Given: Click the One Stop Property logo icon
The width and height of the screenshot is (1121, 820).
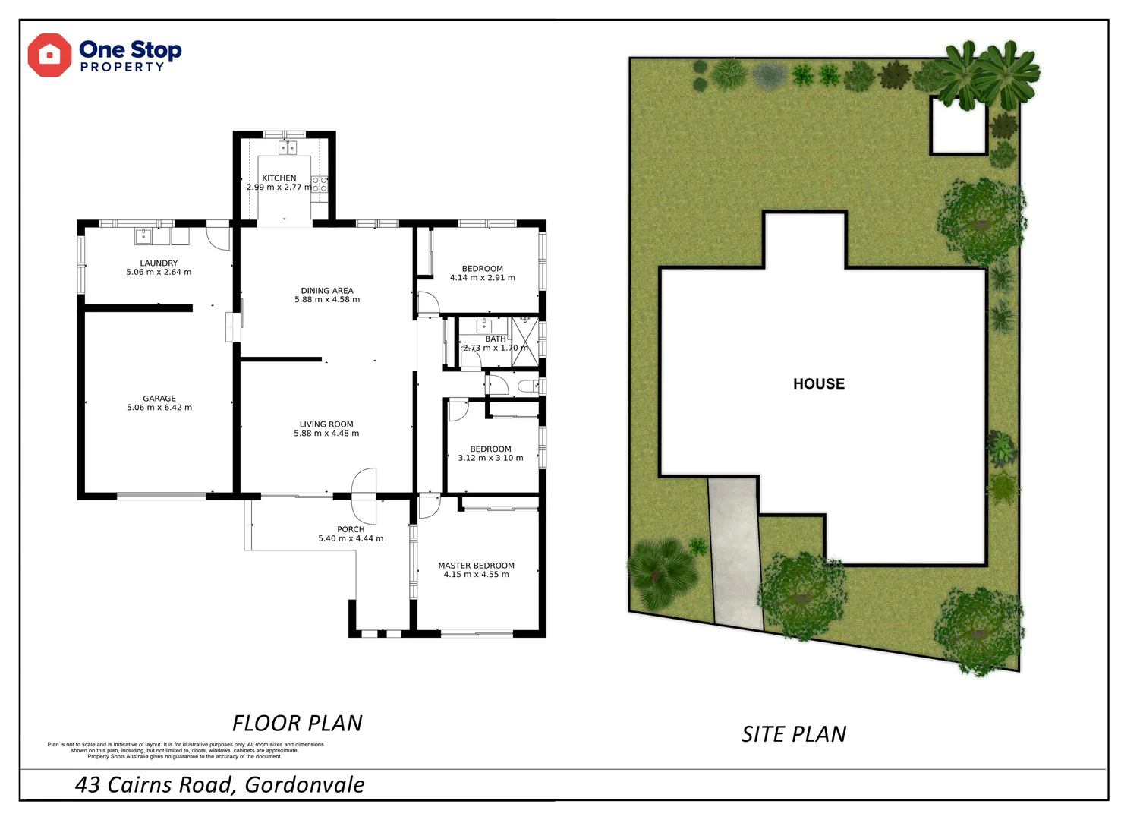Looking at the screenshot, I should coord(49,55).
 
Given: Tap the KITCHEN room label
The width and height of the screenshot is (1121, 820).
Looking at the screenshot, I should coord(279,178).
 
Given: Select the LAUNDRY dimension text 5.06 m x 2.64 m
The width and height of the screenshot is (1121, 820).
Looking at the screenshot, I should coord(159,273).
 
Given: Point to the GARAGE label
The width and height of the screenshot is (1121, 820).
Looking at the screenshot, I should coord(159,399).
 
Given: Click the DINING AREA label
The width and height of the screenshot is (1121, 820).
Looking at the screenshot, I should coord(327,291).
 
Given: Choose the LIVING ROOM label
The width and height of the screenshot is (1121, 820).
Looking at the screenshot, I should coord(326,424).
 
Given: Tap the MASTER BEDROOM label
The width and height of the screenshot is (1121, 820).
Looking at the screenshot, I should coord(476,566).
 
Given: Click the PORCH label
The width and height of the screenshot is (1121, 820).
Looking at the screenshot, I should coord(351,529).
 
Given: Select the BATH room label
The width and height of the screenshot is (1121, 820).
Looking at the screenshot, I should coord(495,339).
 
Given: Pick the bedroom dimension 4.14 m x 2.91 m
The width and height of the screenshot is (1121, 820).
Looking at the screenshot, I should coord(482,278).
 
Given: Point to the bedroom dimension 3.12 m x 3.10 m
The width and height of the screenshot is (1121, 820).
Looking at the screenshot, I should coord(490,458).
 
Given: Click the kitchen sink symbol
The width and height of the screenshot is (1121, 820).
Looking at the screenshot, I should coord(287,147).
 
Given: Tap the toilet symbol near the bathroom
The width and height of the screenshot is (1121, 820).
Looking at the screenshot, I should coord(527,386).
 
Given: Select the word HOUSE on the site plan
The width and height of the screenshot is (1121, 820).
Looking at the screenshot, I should coord(818,384).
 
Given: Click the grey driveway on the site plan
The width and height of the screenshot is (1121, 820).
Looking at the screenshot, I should coord(735,554).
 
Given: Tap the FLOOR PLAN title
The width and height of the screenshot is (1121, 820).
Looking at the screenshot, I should coord(297,723).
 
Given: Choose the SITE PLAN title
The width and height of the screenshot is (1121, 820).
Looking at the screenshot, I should coord(793,734).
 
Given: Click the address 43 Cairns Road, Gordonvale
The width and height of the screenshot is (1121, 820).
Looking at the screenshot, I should coord(219,784).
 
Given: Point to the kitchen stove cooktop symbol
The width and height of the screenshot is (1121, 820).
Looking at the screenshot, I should coord(320,184).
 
